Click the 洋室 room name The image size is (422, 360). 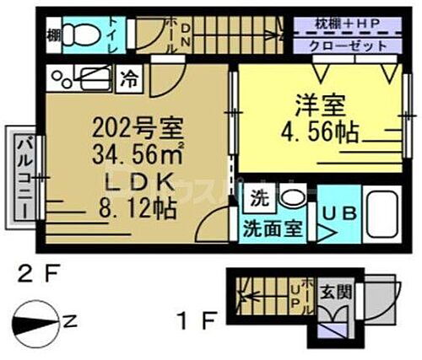(313, 108)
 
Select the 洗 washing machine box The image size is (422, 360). (259, 201)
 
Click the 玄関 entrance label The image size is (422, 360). (332, 293)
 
